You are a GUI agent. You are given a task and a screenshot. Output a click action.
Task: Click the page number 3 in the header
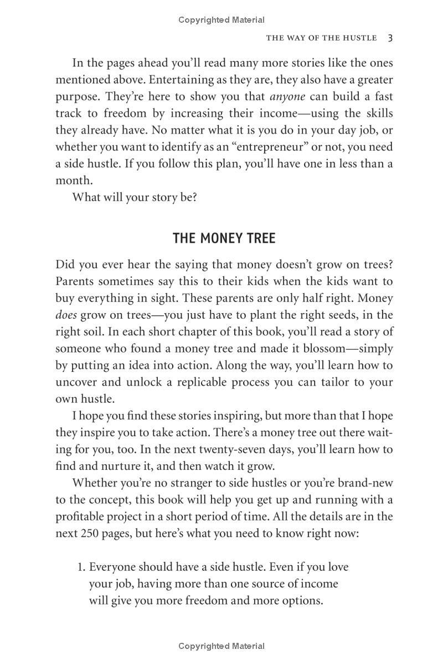(390, 38)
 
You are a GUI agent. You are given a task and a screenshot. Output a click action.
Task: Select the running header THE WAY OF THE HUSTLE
(321, 38)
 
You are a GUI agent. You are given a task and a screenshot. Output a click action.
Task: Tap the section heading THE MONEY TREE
(224, 238)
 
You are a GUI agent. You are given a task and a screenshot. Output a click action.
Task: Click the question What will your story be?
(135, 197)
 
